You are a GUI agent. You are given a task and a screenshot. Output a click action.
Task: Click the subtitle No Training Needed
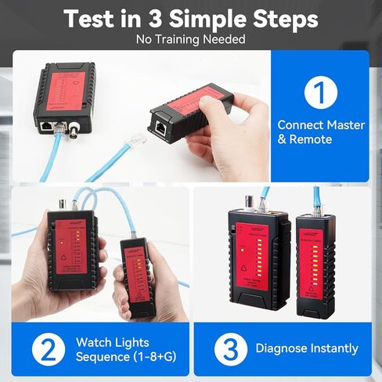pos(190,39)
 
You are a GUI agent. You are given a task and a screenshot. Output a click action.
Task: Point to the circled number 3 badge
pos(226,348)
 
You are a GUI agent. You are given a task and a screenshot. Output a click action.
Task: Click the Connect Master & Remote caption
pos(316,132)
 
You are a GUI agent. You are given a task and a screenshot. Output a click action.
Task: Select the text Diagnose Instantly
pos(307,348)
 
